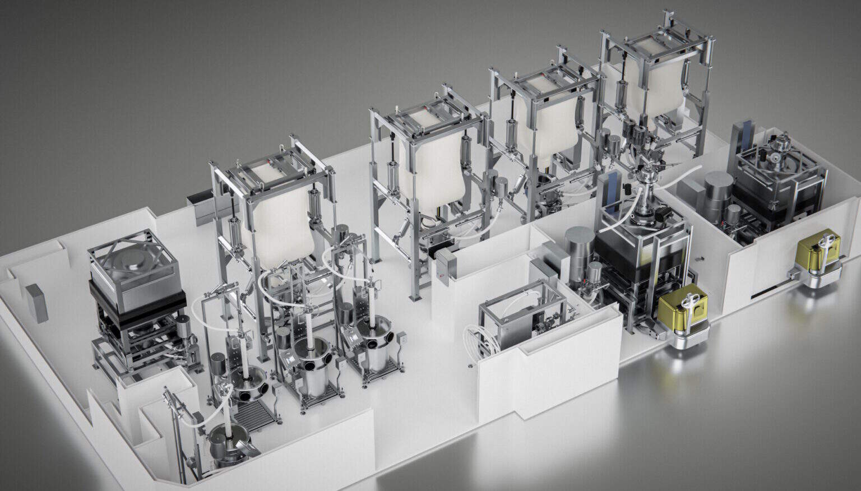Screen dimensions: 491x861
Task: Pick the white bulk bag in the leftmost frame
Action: click(280, 219)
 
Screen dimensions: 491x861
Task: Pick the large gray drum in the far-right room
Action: click(717, 193)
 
